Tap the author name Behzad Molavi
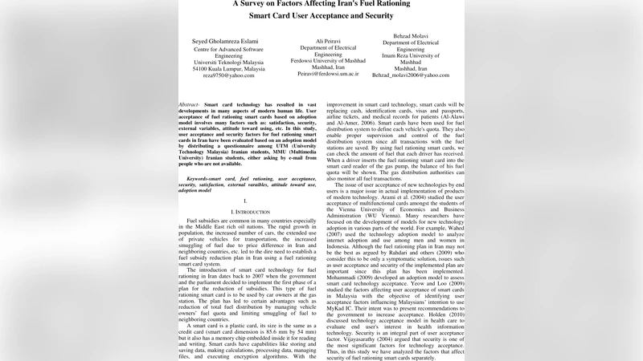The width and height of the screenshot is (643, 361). click(411, 36)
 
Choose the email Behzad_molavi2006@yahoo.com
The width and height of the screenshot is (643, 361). click(411, 75)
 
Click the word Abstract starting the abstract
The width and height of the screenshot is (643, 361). click(190, 105)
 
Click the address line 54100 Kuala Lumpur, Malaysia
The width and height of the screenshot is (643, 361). click(228, 69)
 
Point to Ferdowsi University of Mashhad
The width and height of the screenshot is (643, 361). click(328, 60)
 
